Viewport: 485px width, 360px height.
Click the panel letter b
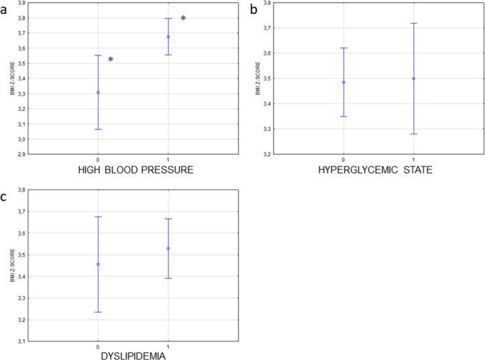(x=253, y=8)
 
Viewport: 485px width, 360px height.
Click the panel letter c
(x=5, y=192)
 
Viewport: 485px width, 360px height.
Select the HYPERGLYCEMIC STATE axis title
(x=378, y=173)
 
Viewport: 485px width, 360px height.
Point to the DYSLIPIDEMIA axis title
(x=133, y=354)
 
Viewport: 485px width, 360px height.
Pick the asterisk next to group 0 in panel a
(x=110, y=60)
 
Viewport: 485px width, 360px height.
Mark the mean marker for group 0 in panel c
(x=98, y=264)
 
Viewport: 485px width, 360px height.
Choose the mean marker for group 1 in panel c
(x=168, y=249)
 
